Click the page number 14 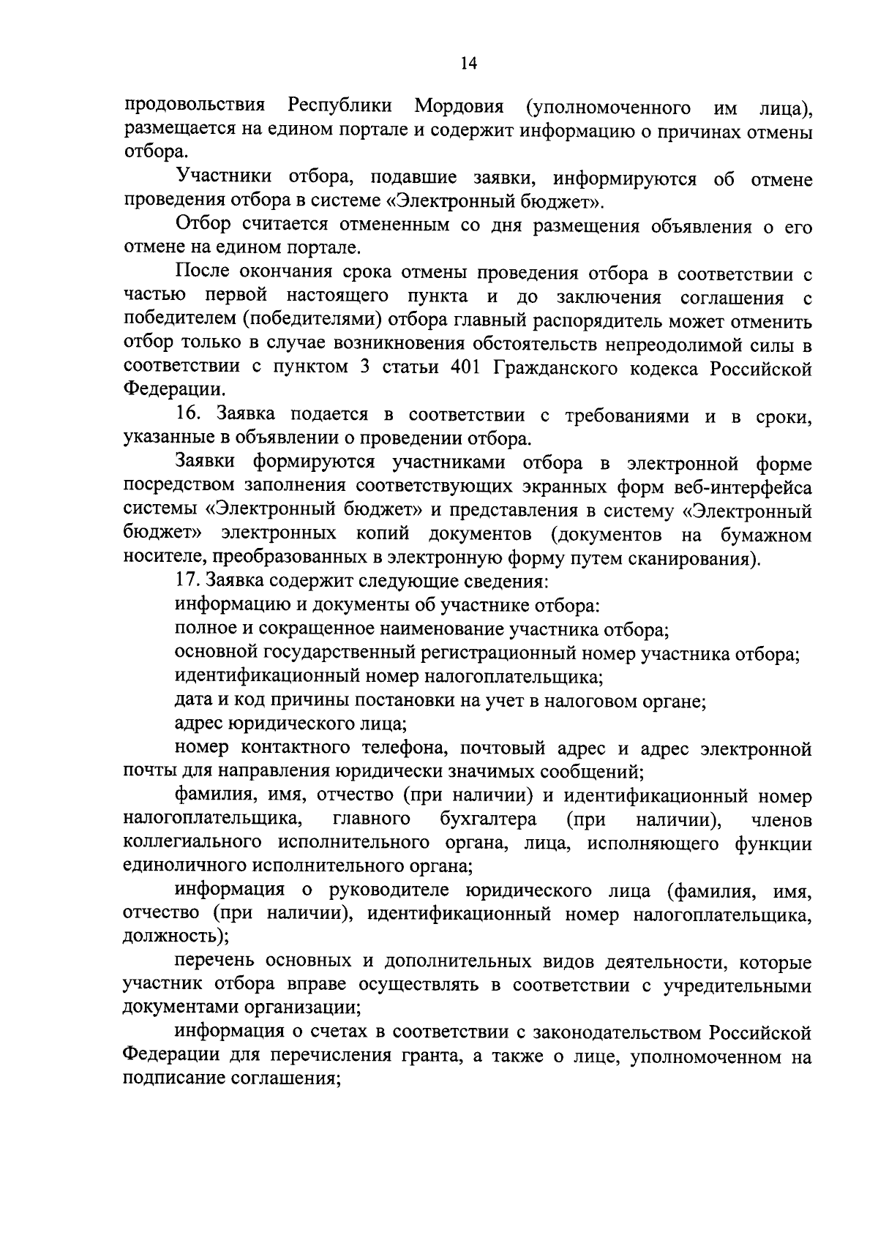(x=468, y=64)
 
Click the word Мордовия (x=459, y=107)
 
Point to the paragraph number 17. (x=188, y=581)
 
